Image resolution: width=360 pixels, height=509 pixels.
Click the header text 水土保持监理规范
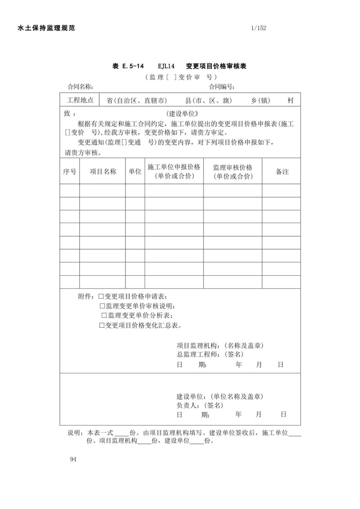click(46, 28)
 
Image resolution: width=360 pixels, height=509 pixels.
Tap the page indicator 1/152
click(259, 28)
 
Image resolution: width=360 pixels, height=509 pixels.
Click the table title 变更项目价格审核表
click(216, 66)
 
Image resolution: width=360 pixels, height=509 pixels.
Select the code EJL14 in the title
click(166, 66)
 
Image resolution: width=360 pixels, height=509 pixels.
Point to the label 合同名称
click(80, 87)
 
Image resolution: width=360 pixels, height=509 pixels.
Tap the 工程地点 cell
click(80, 100)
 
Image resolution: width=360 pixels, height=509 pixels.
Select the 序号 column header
click(70, 171)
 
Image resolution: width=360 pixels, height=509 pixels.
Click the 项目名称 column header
click(103, 171)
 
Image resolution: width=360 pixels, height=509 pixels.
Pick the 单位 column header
click(135, 171)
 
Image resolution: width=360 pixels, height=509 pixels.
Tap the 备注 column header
click(282, 171)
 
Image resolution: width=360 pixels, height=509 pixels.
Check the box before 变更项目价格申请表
click(101, 296)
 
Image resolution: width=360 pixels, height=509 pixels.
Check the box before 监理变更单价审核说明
click(102, 306)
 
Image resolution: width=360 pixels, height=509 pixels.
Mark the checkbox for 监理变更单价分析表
click(104, 315)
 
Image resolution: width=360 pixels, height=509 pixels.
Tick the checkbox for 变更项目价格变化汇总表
click(102, 325)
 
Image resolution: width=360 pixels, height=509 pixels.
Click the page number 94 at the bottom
click(73, 459)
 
